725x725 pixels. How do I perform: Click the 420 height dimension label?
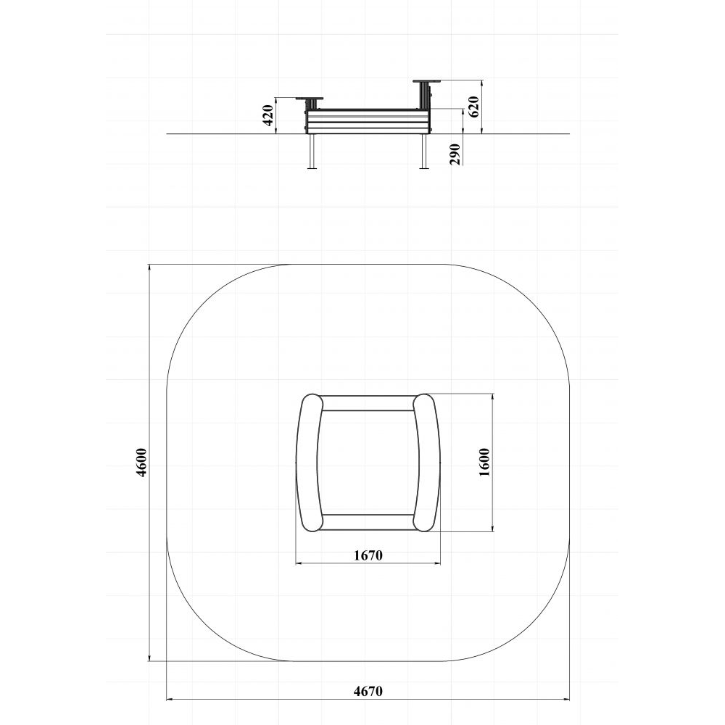point(268,115)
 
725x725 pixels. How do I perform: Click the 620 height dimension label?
point(473,107)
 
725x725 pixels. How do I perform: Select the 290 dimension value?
point(455,154)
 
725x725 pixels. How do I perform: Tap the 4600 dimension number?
point(141,463)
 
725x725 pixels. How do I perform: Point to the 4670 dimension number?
point(368,691)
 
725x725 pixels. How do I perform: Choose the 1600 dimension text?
point(484,463)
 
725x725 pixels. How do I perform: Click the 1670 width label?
point(368,555)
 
